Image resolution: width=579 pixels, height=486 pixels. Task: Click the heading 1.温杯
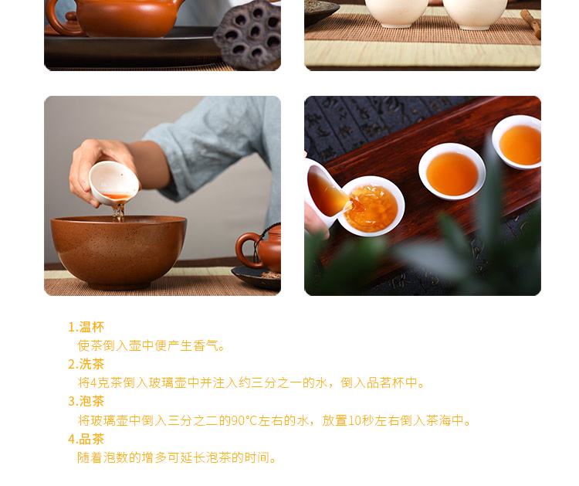86,327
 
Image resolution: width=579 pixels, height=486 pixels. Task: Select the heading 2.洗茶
86,364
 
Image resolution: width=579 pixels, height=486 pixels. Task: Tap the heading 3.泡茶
86,401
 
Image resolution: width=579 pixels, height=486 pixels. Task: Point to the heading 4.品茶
86,439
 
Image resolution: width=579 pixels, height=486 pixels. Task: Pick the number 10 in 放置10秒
354,420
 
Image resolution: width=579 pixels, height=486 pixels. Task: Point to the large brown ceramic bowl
119,251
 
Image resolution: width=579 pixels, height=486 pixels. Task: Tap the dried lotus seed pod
249,35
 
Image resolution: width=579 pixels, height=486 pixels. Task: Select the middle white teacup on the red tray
452,172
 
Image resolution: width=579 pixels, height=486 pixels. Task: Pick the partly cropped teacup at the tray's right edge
517,142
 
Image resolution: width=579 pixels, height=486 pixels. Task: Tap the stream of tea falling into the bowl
119,212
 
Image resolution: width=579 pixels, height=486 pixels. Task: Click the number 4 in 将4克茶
93,383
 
